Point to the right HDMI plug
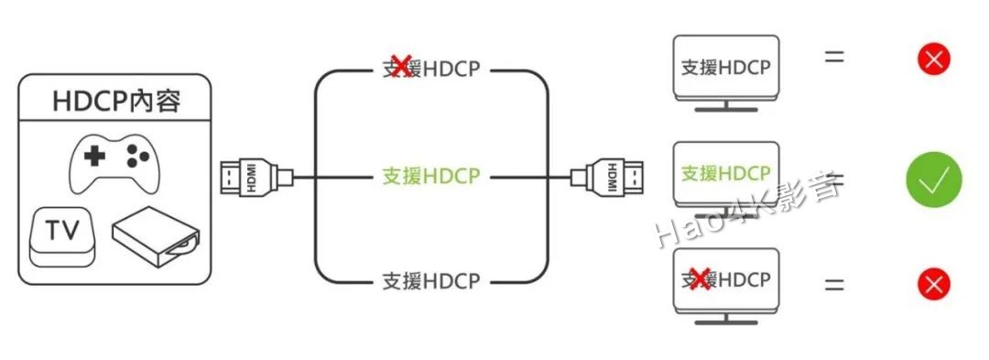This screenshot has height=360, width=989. [610, 176]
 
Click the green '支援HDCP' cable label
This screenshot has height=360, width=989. [430, 175]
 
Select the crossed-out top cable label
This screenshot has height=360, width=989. [430, 69]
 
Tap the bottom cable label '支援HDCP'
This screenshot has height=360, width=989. [430, 280]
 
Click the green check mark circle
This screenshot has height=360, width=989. [933, 179]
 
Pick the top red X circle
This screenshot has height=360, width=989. [933, 60]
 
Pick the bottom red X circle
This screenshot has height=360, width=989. [933, 284]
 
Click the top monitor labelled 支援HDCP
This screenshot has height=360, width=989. [725, 70]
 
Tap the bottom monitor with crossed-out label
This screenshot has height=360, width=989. [725, 280]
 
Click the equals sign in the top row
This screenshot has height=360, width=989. [833, 57]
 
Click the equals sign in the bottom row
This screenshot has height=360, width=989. [833, 283]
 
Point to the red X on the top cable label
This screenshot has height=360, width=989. [400, 68]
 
